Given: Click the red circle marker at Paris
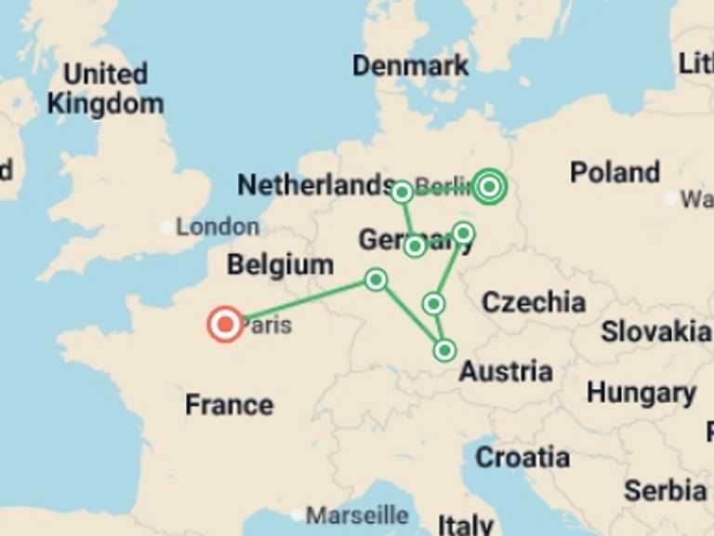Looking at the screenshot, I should point(225,325).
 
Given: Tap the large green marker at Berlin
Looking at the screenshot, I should point(489,187).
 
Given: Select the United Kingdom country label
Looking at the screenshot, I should point(105,88).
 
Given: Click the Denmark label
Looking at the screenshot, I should point(410,65).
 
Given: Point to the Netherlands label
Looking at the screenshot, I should point(316,185).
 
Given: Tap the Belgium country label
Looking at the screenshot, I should point(280,264).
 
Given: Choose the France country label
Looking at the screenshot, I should point(229,405).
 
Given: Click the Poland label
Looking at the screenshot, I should point(615,172).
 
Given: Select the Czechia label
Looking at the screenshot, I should point(533,301).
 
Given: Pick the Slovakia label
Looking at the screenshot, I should point(654,331).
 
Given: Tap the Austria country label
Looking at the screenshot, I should point(506,371).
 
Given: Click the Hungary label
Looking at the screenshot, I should point(641,393).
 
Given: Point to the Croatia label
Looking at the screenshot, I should point(522,457).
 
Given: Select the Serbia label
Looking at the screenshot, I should point(664,490).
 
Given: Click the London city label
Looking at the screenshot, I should point(218,226).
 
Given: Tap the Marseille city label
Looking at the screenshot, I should point(357,515).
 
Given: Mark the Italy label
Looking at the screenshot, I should point(466,524).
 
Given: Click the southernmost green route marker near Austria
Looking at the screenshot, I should point(444,350).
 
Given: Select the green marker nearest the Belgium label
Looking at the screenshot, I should point(376,279).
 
